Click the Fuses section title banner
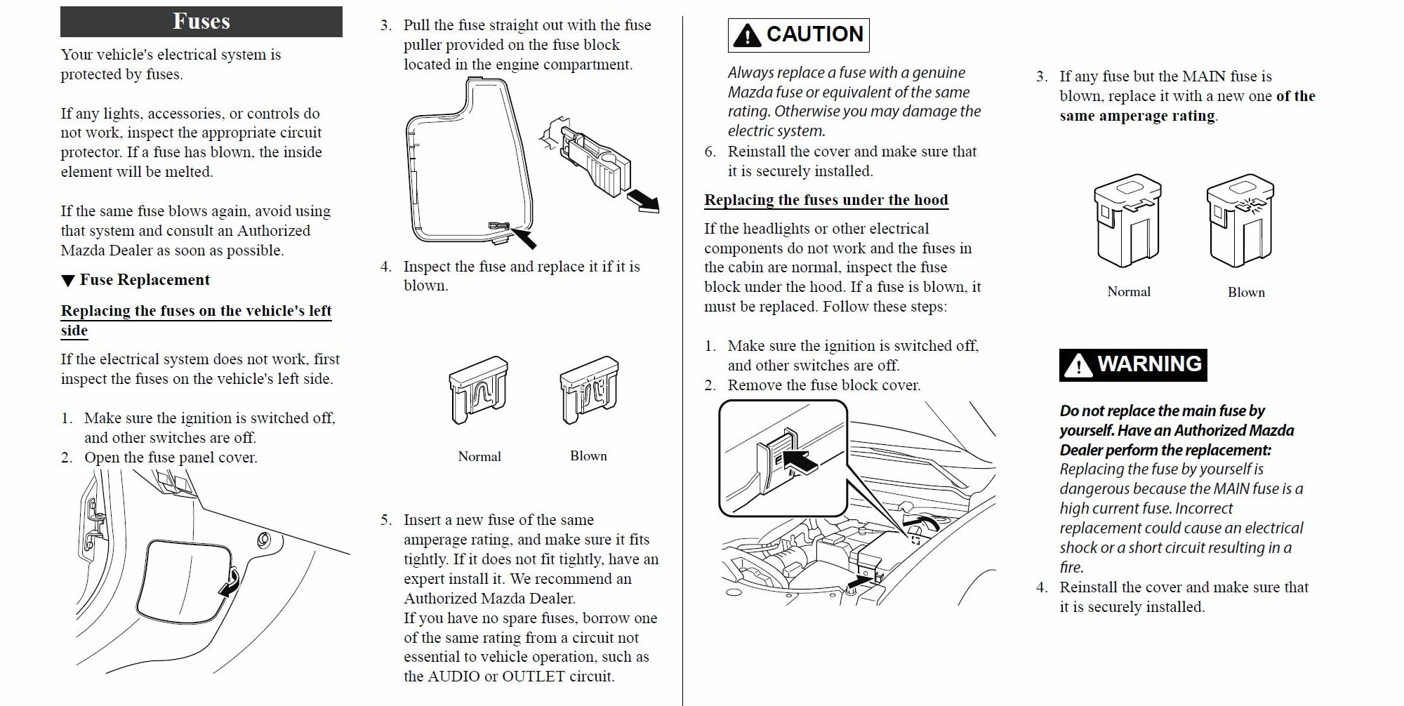pyautogui.click(x=201, y=22)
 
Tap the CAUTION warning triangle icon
pyautogui.click(x=747, y=35)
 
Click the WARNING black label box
pyautogui.click(x=1133, y=365)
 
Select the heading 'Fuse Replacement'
pyautogui.click(x=145, y=280)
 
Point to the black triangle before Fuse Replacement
pyautogui.click(x=68, y=281)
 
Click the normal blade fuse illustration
pyautogui.click(x=479, y=389)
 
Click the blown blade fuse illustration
pyautogui.click(x=589, y=389)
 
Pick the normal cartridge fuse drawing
pyautogui.click(x=1127, y=220)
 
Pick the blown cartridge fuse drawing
pyautogui.click(x=1240, y=220)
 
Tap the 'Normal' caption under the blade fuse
pyautogui.click(x=479, y=457)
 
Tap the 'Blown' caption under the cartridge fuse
pyautogui.click(x=1246, y=293)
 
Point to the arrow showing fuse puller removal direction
pyautogui.click(x=642, y=200)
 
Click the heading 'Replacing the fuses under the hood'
pyautogui.click(x=826, y=201)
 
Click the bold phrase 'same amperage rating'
pyautogui.click(x=1137, y=116)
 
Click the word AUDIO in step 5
pyautogui.click(x=453, y=677)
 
